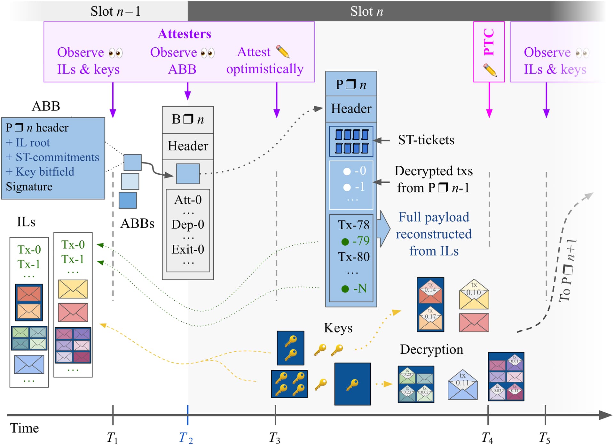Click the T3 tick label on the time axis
274,437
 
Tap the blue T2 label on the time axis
186,437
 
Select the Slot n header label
366,11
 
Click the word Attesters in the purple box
185,34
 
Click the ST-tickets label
426,140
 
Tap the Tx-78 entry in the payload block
354,225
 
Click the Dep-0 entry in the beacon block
188,224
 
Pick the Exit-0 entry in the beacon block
188,249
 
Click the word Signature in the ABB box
29,187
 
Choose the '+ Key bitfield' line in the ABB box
40,172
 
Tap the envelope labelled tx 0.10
474,294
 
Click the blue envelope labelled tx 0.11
462,385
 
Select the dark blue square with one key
352,384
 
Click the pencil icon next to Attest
283,52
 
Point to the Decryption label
431,349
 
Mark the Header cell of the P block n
351,109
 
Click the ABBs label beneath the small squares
137,224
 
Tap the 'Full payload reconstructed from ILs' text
434,234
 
